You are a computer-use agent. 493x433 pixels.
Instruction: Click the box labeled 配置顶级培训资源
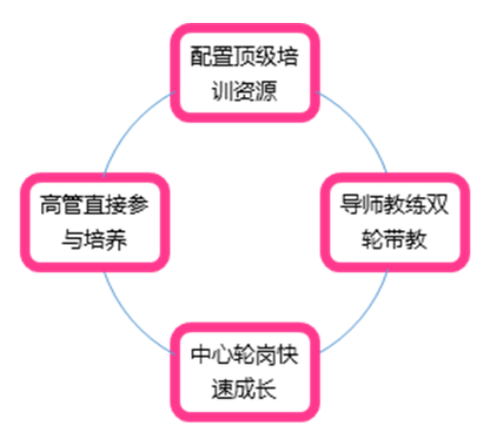pyautogui.click(x=245, y=72)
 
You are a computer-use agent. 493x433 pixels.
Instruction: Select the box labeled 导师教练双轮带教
pyautogui.click(x=395, y=222)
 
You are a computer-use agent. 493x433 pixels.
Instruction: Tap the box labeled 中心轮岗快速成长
pyautogui.click(x=245, y=372)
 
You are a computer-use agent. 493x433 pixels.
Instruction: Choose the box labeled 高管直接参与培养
pyautogui.click(x=95, y=222)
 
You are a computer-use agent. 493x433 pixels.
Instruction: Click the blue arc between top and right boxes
pyautogui.click(x=360, y=122)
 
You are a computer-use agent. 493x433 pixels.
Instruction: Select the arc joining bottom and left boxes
pyautogui.click(x=130, y=321)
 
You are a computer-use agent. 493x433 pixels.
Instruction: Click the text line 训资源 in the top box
pyautogui.click(x=245, y=91)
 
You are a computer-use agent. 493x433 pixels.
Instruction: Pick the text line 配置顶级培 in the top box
pyautogui.click(x=245, y=56)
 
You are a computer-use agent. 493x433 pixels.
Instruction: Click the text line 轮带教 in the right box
pyautogui.click(x=394, y=239)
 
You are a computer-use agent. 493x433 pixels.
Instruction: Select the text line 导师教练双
pyautogui.click(x=394, y=205)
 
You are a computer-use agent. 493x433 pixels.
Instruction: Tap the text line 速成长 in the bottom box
pyautogui.click(x=244, y=389)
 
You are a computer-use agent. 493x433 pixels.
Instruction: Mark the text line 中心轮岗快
pyautogui.click(x=245, y=354)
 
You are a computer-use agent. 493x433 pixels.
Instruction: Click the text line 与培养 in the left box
pyautogui.click(x=94, y=239)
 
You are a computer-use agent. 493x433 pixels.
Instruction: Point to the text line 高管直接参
pyautogui.click(x=94, y=205)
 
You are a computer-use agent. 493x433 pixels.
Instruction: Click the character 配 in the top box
pyautogui.click(x=201, y=56)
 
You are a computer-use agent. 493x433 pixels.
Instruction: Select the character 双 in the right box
pyautogui.click(x=438, y=205)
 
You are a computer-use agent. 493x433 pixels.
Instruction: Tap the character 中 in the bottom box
pyautogui.click(x=201, y=354)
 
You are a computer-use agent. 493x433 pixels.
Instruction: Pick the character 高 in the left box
pyautogui.click(x=50, y=205)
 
